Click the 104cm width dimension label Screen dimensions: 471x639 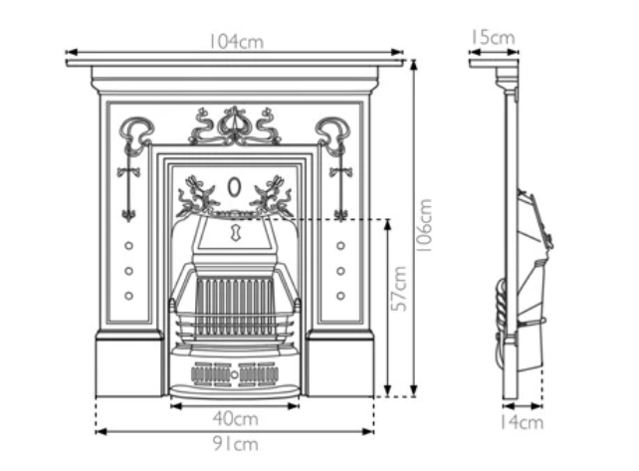click(x=235, y=42)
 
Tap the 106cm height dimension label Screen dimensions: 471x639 click(x=425, y=226)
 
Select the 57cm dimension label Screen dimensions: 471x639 click(x=399, y=289)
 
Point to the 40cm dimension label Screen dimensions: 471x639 click(x=235, y=418)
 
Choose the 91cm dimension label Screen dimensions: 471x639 click(x=235, y=443)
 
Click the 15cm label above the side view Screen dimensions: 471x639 click(x=492, y=39)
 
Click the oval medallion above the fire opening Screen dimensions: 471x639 click(x=235, y=187)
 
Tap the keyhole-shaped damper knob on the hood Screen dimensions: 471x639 click(x=235, y=233)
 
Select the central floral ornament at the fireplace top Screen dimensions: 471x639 click(x=235, y=124)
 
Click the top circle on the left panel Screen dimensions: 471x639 click(x=128, y=245)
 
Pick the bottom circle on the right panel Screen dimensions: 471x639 click(x=341, y=295)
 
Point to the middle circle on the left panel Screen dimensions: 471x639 click(x=128, y=270)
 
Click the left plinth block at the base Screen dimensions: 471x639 click(x=129, y=364)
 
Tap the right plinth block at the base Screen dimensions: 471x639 click(x=340, y=364)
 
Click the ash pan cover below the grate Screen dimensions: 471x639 click(x=235, y=374)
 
